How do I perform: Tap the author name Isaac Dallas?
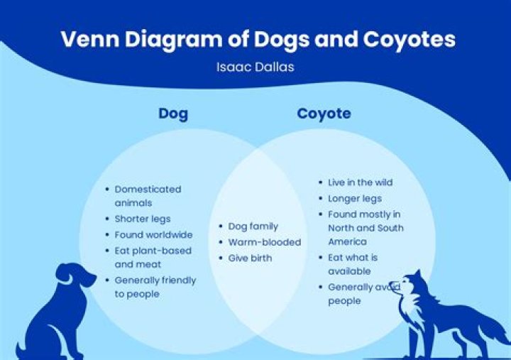tap(255, 67)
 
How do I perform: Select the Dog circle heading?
tap(173, 114)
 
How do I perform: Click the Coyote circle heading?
tap(324, 114)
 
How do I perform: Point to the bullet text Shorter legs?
tap(143, 219)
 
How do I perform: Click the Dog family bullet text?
tap(253, 227)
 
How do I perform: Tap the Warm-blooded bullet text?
tap(264, 242)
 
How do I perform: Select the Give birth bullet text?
tap(250, 258)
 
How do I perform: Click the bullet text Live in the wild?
tap(360, 182)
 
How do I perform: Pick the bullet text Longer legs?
tap(354, 198)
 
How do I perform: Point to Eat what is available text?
tap(353, 264)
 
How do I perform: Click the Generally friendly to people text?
tap(155, 287)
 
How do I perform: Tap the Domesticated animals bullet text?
tap(148, 196)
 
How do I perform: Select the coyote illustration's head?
tap(410, 286)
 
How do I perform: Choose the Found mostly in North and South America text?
tap(365, 228)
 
